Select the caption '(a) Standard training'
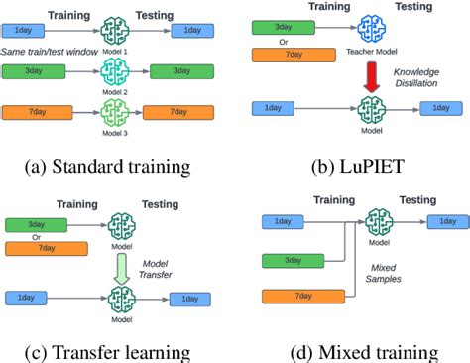tap(117, 166)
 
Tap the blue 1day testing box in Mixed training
tap(441, 221)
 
